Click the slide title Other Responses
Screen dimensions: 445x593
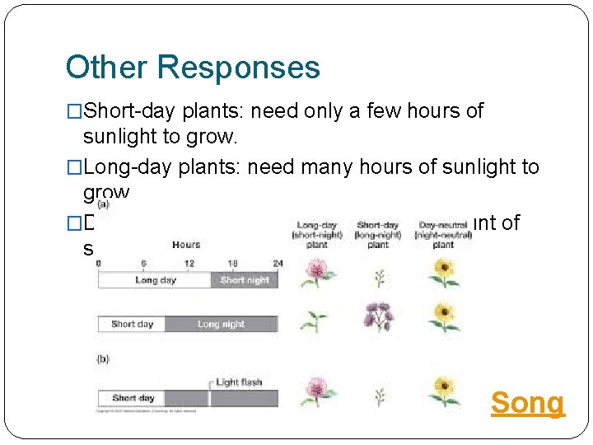coord(193,67)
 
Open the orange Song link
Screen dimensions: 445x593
coord(528,403)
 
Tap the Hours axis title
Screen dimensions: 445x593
coord(186,245)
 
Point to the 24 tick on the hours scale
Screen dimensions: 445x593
coord(278,263)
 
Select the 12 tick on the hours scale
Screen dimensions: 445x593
coord(189,263)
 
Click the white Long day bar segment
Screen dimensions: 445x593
coord(155,280)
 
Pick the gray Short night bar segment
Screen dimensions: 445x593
coord(244,280)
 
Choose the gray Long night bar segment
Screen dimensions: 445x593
coord(220,324)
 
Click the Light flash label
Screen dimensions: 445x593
coord(239,382)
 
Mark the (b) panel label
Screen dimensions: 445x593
coord(103,359)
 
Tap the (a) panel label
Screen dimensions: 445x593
coord(102,204)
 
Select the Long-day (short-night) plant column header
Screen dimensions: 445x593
coord(316,234)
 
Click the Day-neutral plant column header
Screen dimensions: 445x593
coord(443,234)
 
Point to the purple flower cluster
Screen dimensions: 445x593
coord(379,316)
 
